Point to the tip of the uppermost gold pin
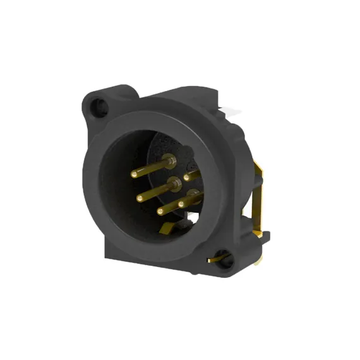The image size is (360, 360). pyautogui.click(x=133, y=172)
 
